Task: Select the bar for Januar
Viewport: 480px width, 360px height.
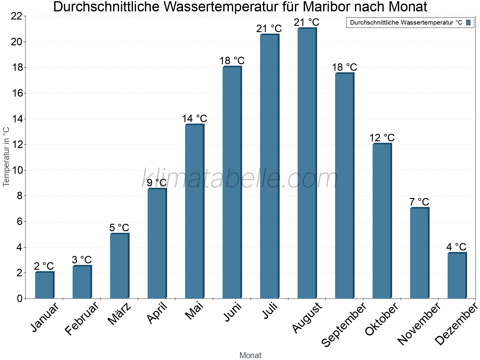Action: (44, 285)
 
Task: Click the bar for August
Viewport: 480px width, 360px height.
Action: (307, 163)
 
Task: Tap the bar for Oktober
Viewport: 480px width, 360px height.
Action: (382, 221)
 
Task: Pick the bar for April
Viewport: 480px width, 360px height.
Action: (157, 244)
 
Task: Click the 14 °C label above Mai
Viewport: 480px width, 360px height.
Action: (194, 118)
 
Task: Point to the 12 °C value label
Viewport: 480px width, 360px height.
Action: (382, 138)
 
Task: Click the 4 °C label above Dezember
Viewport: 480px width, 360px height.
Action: (456, 247)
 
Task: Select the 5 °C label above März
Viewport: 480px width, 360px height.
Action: (119, 228)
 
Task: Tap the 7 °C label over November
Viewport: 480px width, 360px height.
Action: (419, 202)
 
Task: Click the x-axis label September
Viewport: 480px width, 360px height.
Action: (344, 325)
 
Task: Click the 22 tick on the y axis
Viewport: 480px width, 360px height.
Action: (16, 16)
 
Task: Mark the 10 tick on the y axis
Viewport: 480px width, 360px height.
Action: (16, 170)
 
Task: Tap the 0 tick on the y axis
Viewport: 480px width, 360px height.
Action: (20, 298)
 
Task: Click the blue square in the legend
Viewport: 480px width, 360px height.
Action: (468, 22)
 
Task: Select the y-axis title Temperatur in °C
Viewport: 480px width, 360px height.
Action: (6, 157)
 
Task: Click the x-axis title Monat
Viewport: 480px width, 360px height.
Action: (250, 355)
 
